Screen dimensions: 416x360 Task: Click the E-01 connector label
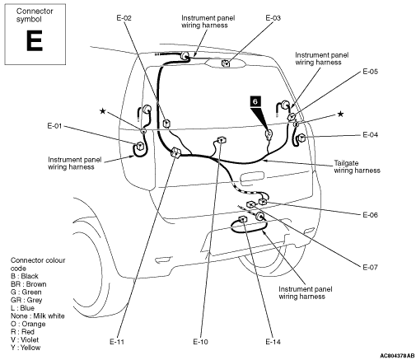pyautogui.click(x=54, y=126)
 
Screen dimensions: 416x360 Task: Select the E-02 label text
pyautogui.click(x=124, y=18)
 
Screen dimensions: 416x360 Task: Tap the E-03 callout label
pyautogui.click(x=273, y=18)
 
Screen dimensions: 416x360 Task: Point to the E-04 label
pyautogui.click(x=370, y=135)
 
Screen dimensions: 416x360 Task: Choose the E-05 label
pyautogui.click(x=370, y=72)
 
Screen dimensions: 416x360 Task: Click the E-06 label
pyautogui.click(x=370, y=215)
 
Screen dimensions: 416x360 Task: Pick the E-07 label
pyautogui.click(x=370, y=267)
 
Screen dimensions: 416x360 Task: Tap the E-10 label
pyautogui.click(x=200, y=342)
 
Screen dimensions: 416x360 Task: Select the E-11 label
pyautogui.click(x=117, y=342)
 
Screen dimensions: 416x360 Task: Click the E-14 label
pyautogui.click(x=273, y=342)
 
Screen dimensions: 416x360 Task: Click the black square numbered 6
pyautogui.click(x=255, y=101)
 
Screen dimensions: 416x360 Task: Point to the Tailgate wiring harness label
pyautogui.click(x=357, y=166)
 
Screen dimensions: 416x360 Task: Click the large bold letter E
pyautogui.click(x=35, y=40)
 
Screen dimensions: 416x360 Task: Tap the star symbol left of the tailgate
pyautogui.click(x=103, y=111)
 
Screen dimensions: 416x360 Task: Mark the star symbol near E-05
pyautogui.click(x=340, y=114)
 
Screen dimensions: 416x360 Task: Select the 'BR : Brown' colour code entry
pyautogui.click(x=29, y=284)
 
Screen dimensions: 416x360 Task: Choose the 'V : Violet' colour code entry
pyautogui.click(x=25, y=340)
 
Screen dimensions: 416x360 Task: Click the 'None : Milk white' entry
pyautogui.click(x=38, y=316)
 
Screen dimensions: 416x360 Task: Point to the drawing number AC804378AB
pyautogui.click(x=397, y=356)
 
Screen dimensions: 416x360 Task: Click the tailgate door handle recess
pyautogui.click(x=252, y=177)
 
